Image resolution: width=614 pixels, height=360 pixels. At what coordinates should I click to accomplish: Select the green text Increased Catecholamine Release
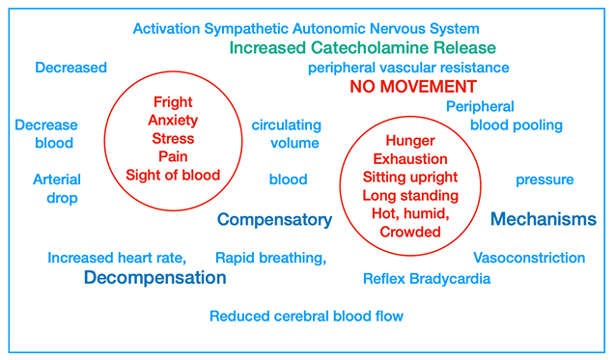(363, 47)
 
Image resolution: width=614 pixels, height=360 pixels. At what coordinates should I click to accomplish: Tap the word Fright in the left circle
(173, 101)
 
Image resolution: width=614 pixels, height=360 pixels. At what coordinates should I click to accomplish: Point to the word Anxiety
(173, 120)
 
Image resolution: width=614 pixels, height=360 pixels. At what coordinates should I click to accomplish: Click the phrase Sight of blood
(173, 175)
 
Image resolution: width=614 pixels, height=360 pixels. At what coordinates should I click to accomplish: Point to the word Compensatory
(274, 220)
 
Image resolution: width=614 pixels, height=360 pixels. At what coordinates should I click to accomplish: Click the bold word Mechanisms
(544, 220)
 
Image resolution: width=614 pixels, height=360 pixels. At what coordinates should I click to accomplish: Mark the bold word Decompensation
(154, 278)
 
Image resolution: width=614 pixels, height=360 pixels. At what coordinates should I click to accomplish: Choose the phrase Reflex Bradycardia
(427, 279)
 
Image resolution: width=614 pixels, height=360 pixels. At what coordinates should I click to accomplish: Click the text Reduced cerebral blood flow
(306, 316)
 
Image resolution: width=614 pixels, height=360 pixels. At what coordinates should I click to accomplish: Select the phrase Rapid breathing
(270, 258)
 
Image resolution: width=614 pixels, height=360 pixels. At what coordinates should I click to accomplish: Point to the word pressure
(544, 180)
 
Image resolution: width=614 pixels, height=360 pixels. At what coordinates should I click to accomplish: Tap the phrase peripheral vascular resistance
(408, 68)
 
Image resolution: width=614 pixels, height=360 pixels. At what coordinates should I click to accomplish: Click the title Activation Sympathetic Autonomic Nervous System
(306, 29)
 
